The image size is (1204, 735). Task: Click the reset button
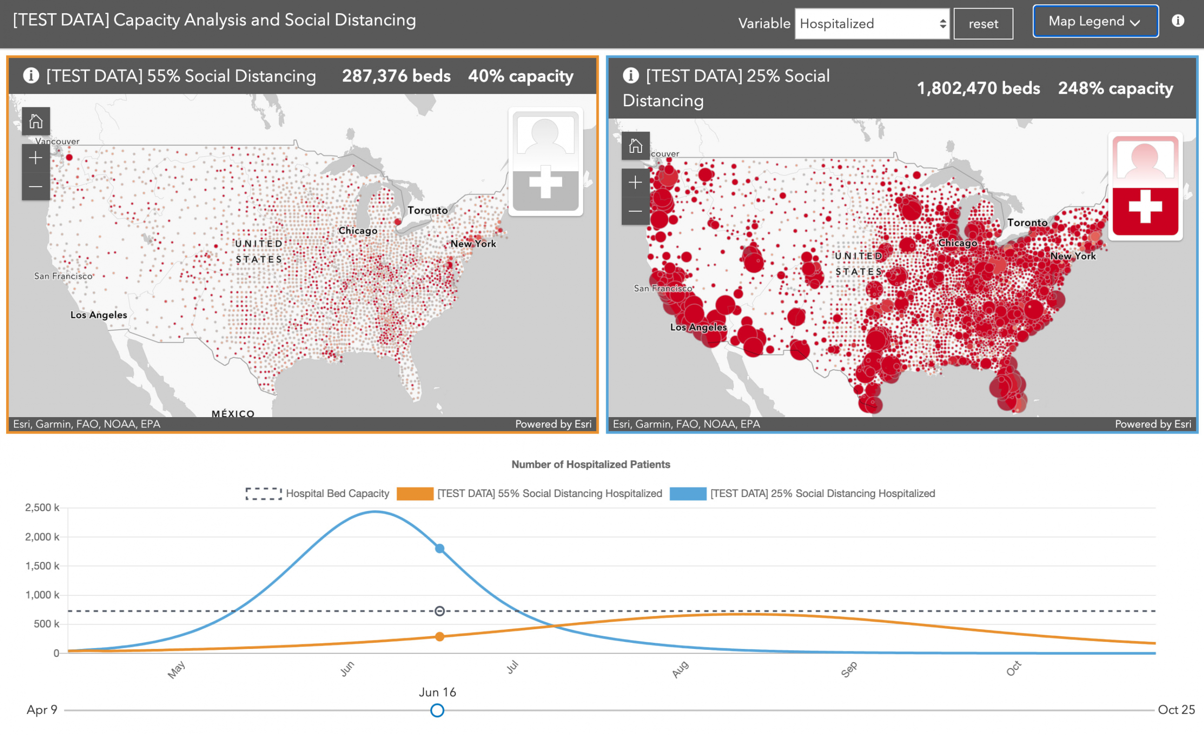[x=982, y=24]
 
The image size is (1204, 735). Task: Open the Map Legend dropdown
[x=1095, y=22]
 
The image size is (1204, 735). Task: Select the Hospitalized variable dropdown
[x=872, y=24]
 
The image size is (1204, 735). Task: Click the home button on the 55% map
[x=36, y=121]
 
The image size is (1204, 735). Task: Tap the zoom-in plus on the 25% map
[x=635, y=183]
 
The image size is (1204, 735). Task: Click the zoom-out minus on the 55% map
[x=36, y=187]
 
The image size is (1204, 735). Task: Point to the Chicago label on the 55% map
[x=358, y=231]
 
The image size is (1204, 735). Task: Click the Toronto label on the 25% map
[x=1027, y=223]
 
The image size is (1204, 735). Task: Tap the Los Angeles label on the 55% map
[x=98, y=315]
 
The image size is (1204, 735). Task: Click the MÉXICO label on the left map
[x=233, y=413]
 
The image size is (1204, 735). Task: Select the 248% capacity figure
[x=1115, y=88]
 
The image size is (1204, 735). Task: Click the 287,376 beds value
[x=396, y=76]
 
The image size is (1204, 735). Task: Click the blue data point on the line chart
[x=440, y=549]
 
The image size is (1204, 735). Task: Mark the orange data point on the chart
[x=440, y=637]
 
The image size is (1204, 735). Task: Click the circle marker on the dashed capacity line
[x=440, y=611]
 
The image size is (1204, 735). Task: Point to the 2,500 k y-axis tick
[x=42, y=508]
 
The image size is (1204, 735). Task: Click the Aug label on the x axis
[x=680, y=670]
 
